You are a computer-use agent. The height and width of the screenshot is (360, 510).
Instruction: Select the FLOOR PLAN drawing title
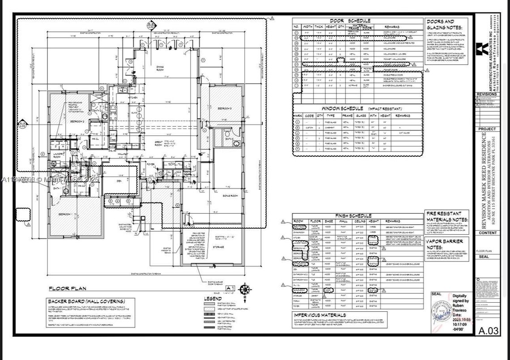pos(68,289)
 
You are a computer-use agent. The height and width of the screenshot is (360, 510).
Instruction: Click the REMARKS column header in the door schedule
pos(399,27)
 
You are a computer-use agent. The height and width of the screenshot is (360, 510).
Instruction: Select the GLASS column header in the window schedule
pos(361,116)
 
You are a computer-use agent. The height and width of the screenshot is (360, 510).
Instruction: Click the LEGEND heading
pos(213,298)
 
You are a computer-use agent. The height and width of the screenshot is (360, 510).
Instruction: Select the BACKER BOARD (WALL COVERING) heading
pos(86,301)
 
